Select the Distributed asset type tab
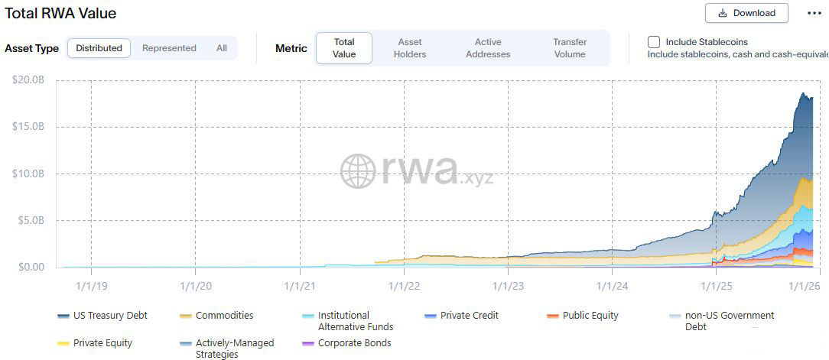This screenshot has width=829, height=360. [99, 48]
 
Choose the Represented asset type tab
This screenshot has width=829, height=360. [169, 48]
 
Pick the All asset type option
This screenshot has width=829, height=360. [221, 48]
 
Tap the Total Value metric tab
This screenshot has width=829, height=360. [344, 48]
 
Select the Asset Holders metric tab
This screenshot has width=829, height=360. [410, 48]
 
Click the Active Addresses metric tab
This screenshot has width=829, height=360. [488, 48]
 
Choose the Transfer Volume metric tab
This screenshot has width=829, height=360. [570, 48]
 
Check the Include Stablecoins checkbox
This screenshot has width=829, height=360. [654, 42]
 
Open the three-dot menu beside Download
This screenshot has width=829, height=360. [814, 13]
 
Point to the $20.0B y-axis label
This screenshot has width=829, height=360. [29, 79]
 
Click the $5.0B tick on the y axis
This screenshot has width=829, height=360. [29, 220]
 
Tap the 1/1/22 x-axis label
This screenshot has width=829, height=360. [404, 286]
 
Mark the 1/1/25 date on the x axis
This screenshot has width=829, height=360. [717, 286]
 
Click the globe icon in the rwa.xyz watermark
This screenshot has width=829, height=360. [357, 170]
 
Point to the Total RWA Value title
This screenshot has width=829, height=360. [61, 14]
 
